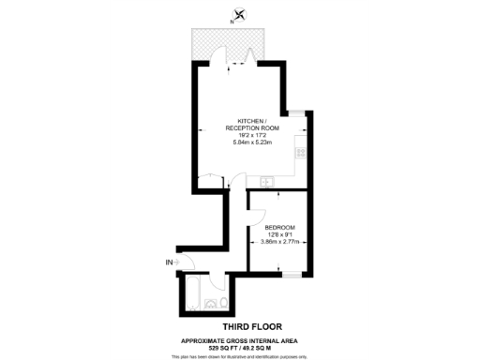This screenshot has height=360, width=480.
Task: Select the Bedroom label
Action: (280, 229)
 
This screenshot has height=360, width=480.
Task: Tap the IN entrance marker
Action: (169, 262)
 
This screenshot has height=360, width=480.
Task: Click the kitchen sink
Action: (266, 181)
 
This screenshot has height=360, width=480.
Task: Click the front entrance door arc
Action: (186, 264)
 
